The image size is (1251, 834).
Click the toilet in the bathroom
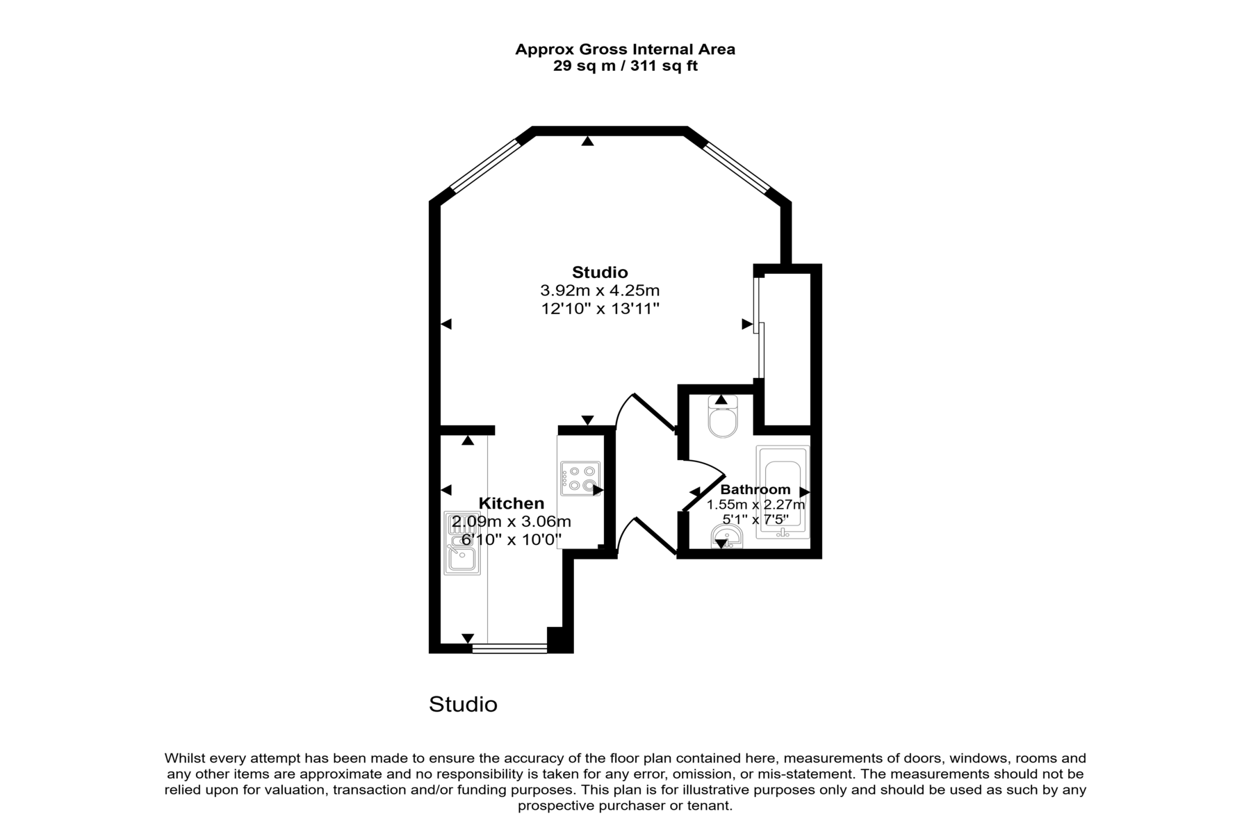tap(723, 416)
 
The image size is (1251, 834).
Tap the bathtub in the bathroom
tap(783, 492)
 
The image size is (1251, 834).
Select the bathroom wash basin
tap(726, 536)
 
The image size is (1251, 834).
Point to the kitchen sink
tap(462, 543)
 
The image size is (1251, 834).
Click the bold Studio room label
tap(600, 272)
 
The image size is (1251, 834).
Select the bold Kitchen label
tap(512, 503)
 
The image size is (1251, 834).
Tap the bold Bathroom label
tap(755, 489)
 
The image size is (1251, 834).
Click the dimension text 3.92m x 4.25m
tap(600, 290)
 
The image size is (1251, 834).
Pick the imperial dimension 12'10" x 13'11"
tap(600, 308)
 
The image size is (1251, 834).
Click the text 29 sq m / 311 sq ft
tap(625, 66)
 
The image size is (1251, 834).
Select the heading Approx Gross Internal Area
tap(625, 49)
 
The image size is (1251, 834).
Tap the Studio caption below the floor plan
tap(463, 704)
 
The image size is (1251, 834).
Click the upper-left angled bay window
tap(484, 165)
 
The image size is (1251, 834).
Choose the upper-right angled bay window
tap(737, 166)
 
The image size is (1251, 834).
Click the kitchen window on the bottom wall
tap(509, 648)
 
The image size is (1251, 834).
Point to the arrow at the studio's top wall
tap(588, 141)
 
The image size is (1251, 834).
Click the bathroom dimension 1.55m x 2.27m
tap(755, 505)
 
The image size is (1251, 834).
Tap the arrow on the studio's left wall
tap(446, 324)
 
